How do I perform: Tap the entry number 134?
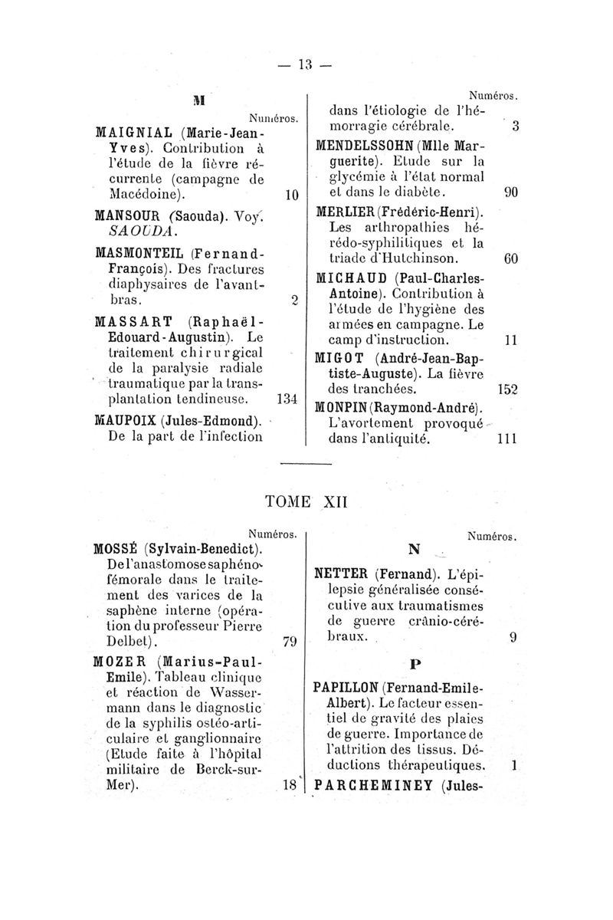coord(286,399)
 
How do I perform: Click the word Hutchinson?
coord(415,258)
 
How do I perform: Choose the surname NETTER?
coord(343,572)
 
